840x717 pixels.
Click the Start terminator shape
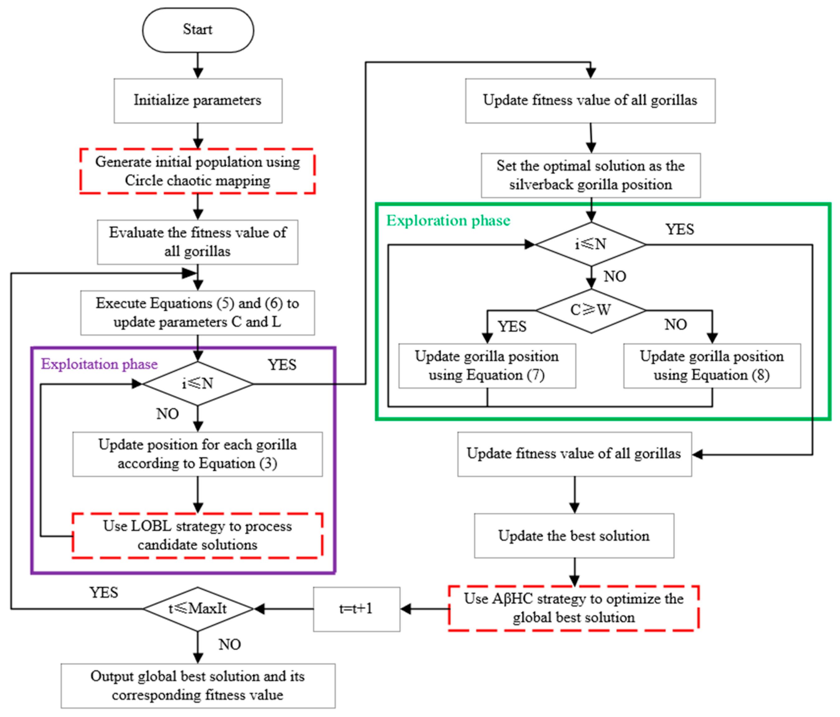click(198, 30)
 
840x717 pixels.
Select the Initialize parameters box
click(198, 101)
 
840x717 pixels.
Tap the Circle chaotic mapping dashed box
click(198, 171)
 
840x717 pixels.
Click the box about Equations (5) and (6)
click(198, 312)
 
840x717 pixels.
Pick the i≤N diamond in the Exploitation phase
click(198, 383)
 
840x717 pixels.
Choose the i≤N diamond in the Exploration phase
click(591, 244)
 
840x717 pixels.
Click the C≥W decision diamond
click(591, 311)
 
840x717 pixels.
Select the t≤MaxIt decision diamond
click(198, 609)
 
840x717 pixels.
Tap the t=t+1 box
click(356, 609)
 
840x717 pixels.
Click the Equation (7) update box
click(487, 366)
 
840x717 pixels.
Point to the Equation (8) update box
click(712, 366)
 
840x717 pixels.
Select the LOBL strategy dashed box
click(198, 536)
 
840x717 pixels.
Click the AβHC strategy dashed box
click(574, 608)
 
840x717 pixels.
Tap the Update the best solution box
click(574, 536)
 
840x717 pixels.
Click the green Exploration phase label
click(448, 221)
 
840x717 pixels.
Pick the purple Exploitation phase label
click(99, 364)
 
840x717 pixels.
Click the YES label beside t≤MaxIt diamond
click(104, 593)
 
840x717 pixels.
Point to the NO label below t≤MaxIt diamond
click(229, 644)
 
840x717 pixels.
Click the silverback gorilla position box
click(591, 175)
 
